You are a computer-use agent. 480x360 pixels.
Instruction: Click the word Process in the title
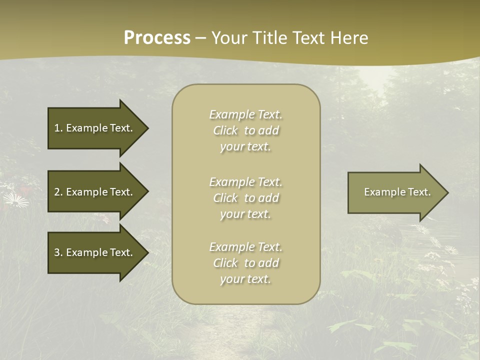157,38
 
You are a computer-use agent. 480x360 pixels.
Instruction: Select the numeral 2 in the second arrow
56,192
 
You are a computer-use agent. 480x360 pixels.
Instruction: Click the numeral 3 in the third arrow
56,252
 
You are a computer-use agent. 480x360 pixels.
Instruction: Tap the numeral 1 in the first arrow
56,128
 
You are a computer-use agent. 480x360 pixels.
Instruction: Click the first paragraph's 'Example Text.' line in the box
245,114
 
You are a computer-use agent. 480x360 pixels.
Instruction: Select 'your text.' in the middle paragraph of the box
245,214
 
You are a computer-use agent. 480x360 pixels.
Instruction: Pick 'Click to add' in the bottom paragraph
245,263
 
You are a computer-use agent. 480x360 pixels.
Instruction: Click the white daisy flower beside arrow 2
15,200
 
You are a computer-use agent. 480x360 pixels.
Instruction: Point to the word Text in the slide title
307,38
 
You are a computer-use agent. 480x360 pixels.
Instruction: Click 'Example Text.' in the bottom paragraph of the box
245,247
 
